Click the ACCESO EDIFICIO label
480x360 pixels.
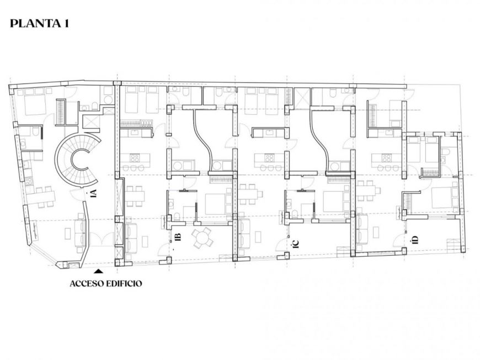(106, 284)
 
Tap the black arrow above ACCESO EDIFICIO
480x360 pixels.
(98, 271)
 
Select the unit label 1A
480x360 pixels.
(94, 193)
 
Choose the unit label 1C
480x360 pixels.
(296, 242)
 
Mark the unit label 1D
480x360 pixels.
(414, 239)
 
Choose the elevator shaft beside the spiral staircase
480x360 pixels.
(90, 121)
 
